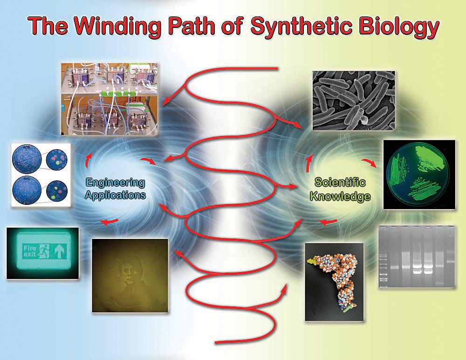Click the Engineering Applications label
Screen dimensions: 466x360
tap(116, 189)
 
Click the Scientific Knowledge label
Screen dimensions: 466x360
tap(340, 189)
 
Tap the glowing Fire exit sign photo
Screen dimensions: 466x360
tap(43, 253)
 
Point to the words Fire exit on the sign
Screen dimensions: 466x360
tap(30, 251)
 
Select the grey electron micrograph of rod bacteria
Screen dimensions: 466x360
tap(354, 101)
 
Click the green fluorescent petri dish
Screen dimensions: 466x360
tap(419, 175)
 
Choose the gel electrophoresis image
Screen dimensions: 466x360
tap(416, 256)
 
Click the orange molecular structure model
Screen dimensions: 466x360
tap(334, 282)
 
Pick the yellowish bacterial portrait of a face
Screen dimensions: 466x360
tap(130, 275)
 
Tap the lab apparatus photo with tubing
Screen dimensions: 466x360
tap(109, 99)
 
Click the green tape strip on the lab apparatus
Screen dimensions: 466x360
tap(118, 94)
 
